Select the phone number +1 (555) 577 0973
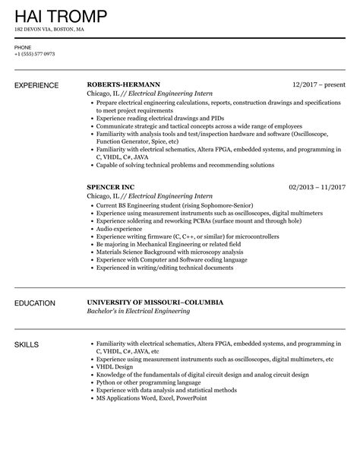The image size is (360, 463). click(x=34, y=55)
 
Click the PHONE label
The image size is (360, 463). click(x=22, y=46)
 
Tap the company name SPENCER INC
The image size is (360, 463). click(x=111, y=186)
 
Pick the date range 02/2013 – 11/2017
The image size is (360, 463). click(x=317, y=186)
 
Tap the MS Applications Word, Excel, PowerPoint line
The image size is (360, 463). click(x=152, y=398)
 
